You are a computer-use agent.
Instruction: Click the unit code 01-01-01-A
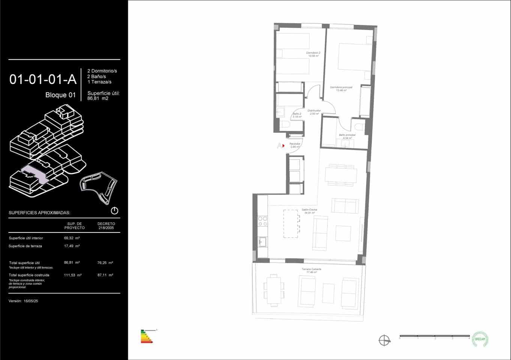(43, 79)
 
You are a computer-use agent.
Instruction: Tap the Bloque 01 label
(60, 95)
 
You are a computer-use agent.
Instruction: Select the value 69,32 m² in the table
(72, 238)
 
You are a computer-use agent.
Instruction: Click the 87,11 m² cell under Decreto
(105, 275)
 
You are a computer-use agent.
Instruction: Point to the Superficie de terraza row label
(25, 246)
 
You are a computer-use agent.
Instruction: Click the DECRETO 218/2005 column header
(106, 226)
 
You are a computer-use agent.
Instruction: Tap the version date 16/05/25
(31, 301)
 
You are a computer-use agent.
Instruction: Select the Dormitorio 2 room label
(313, 54)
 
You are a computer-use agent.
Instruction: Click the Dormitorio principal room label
(341, 88)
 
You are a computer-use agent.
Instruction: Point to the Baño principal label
(346, 136)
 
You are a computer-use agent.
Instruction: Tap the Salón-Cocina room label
(310, 211)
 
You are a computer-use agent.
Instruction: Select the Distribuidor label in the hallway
(314, 112)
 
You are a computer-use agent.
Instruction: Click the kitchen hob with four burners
(262, 221)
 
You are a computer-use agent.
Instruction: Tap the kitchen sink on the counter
(262, 242)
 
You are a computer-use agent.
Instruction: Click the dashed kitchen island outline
(292, 223)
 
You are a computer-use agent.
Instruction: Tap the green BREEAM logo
(480, 339)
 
